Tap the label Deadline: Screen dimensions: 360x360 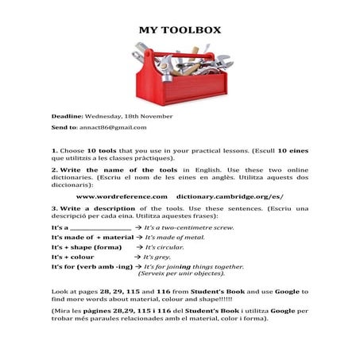[67, 115]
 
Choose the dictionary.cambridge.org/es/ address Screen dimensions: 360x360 [230, 195]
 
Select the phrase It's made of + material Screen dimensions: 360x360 [92, 237]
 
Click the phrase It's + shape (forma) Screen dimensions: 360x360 [87, 247]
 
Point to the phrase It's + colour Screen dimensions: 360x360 [73, 257]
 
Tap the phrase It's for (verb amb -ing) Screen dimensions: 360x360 [91, 267]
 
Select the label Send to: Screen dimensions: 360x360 [64, 127]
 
